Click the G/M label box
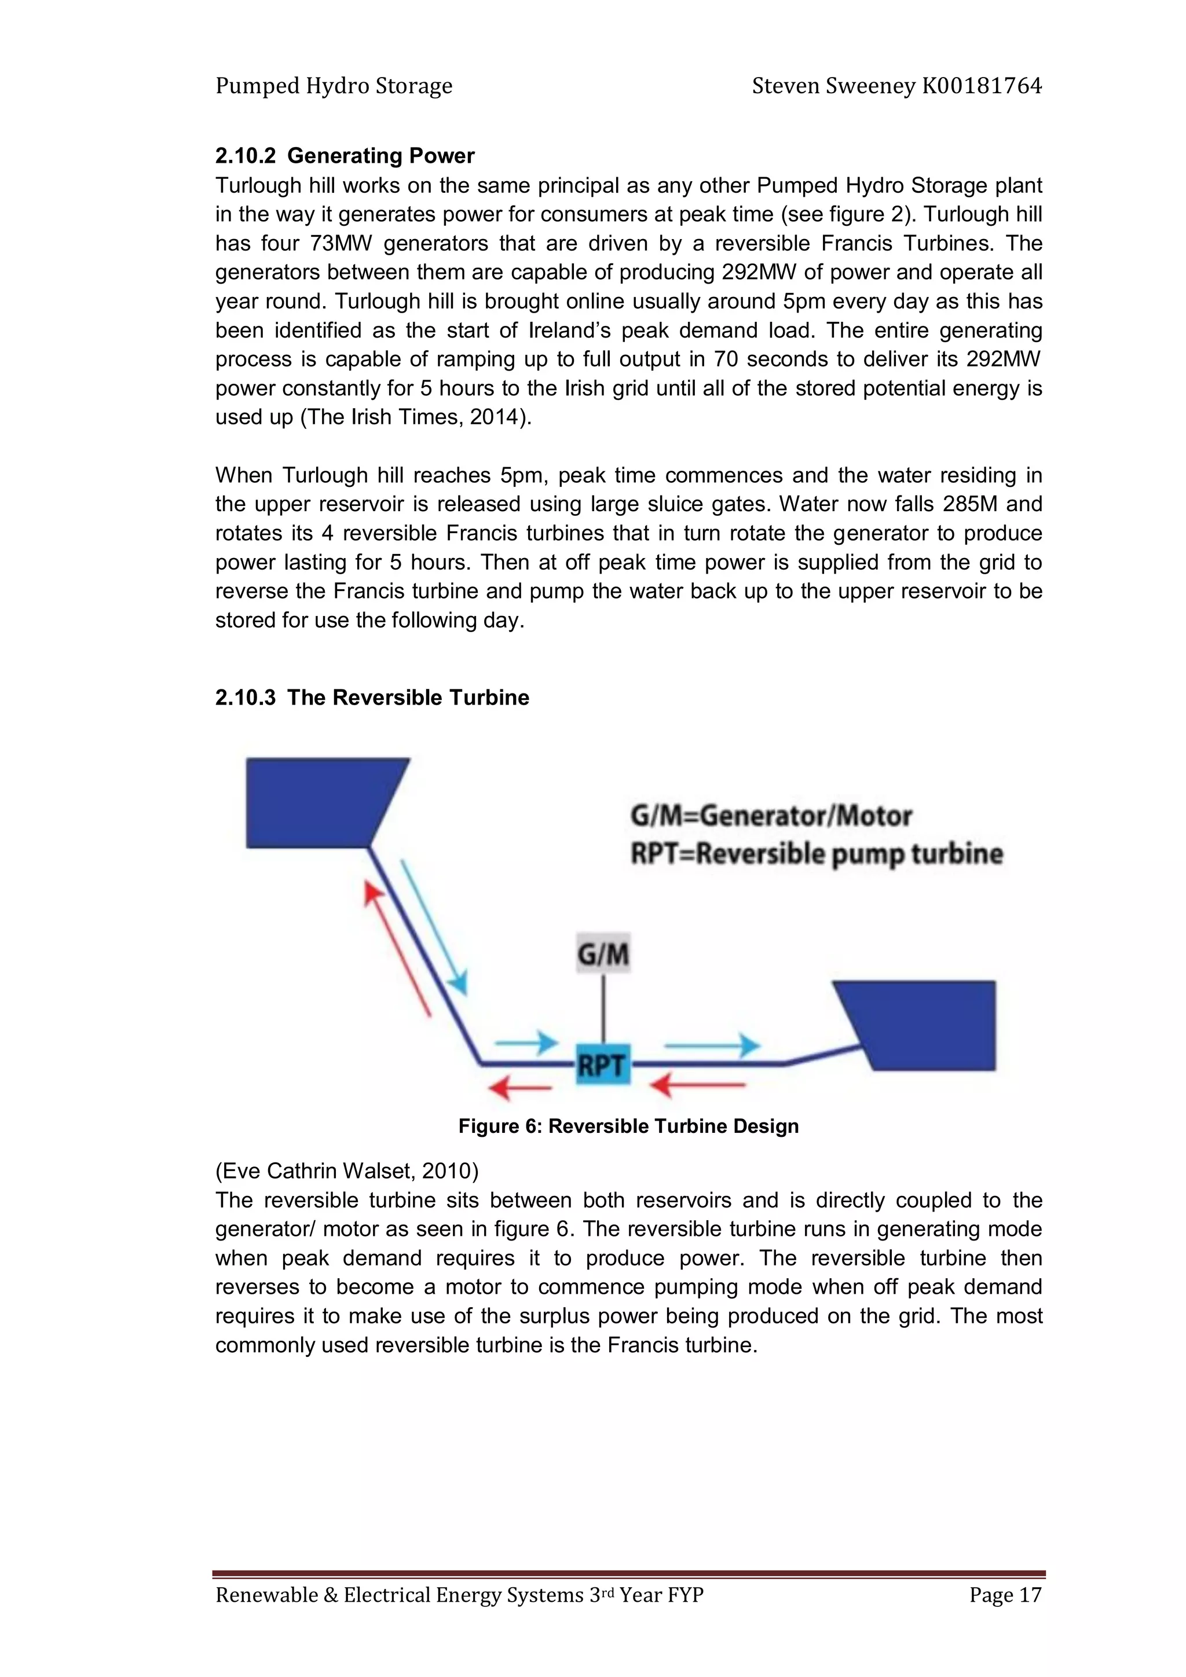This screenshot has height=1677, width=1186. click(603, 954)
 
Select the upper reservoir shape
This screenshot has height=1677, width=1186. click(318, 802)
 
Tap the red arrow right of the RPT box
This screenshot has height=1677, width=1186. click(698, 1085)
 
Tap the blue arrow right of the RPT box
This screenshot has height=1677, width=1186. click(712, 1045)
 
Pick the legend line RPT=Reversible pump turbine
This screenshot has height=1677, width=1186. click(816, 853)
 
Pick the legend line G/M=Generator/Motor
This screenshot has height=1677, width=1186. click(771, 815)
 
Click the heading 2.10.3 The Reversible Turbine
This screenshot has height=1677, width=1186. click(372, 697)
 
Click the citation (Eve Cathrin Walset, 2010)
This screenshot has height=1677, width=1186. click(346, 1171)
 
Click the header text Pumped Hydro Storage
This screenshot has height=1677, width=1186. click(334, 86)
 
